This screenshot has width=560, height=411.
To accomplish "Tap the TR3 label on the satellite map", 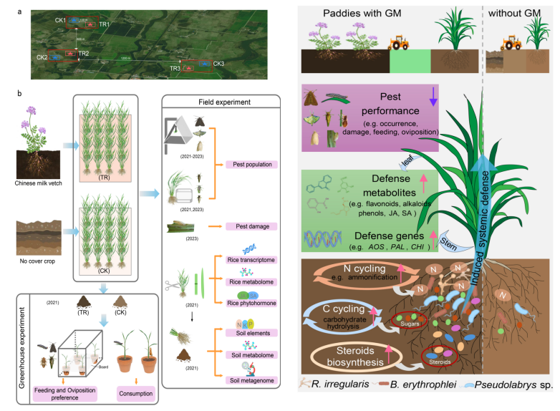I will (175, 69).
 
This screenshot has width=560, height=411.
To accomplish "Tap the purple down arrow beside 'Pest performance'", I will (433, 102).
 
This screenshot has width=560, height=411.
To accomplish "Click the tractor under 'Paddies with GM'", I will (398, 42).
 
